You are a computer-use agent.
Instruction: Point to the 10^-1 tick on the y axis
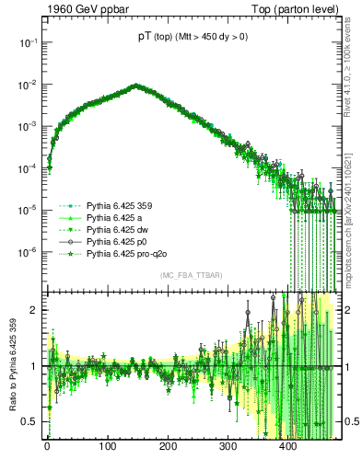tap(29, 42)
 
